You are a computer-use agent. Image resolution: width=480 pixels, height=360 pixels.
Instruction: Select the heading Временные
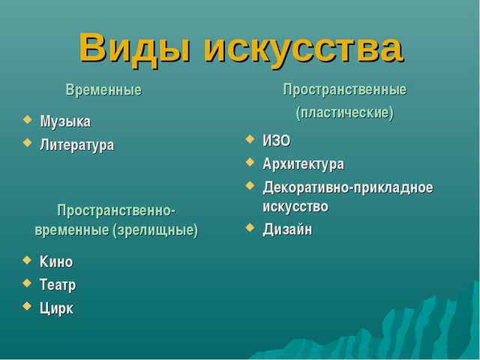pyautogui.click(x=103, y=90)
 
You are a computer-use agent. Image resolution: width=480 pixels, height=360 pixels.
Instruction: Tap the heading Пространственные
pyautogui.click(x=344, y=90)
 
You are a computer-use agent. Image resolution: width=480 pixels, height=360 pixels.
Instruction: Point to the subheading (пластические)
pyautogui.click(x=344, y=113)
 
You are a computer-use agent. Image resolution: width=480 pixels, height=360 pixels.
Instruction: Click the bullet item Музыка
pyautogui.click(x=65, y=121)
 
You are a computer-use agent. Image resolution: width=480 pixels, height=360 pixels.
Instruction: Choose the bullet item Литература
pyautogui.click(x=76, y=145)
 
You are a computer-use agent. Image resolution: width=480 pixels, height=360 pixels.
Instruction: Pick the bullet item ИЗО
pyautogui.click(x=276, y=141)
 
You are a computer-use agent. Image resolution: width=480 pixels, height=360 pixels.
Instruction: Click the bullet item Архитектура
pyautogui.click(x=303, y=163)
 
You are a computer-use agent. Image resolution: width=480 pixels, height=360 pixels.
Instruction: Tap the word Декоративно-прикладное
pyautogui.click(x=347, y=187)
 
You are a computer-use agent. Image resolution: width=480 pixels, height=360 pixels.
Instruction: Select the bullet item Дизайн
pyautogui.click(x=287, y=229)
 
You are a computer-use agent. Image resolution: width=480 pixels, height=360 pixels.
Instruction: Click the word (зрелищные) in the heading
pyautogui.click(x=155, y=229)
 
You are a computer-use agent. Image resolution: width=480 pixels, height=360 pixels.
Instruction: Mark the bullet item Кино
pyautogui.click(x=56, y=262)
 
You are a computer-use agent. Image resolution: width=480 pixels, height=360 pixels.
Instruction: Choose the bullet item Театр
pyautogui.click(x=58, y=285)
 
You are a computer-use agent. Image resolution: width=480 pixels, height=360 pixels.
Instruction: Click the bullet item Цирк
pyautogui.click(x=56, y=308)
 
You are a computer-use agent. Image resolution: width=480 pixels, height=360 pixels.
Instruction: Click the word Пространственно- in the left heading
pyautogui.click(x=116, y=209)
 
